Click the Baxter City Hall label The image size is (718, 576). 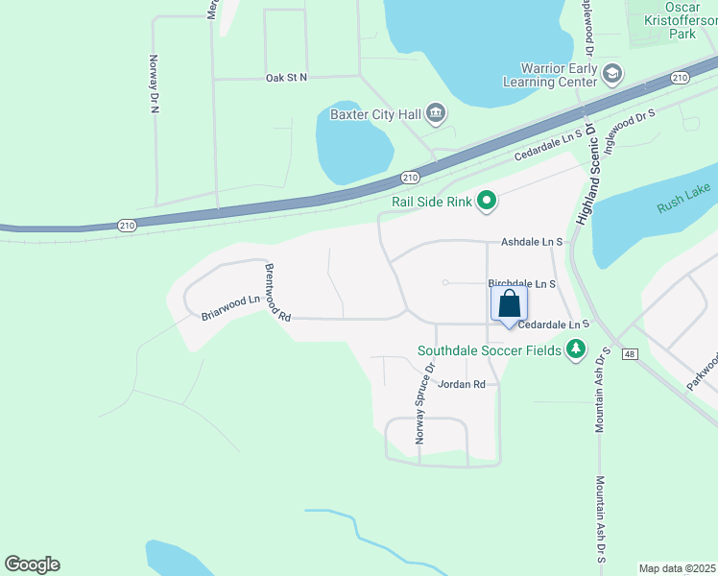[x=375, y=114]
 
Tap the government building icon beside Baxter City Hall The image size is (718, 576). [x=436, y=114]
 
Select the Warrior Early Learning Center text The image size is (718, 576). [x=559, y=75]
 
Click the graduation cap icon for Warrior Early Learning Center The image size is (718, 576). [x=612, y=73]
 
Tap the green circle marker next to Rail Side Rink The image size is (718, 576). [x=487, y=201]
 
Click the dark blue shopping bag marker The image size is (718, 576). [x=510, y=305]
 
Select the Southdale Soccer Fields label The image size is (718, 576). [x=489, y=350]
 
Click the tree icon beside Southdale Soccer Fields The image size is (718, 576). [x=576, y=349]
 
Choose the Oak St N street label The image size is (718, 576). [x=286, y=77]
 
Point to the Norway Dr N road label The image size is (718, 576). [x=153, y=84]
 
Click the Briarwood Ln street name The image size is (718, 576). [x=230, y=306]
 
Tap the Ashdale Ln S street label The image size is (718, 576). [x=529, y=244]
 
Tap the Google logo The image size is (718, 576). [x=32, y=564]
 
